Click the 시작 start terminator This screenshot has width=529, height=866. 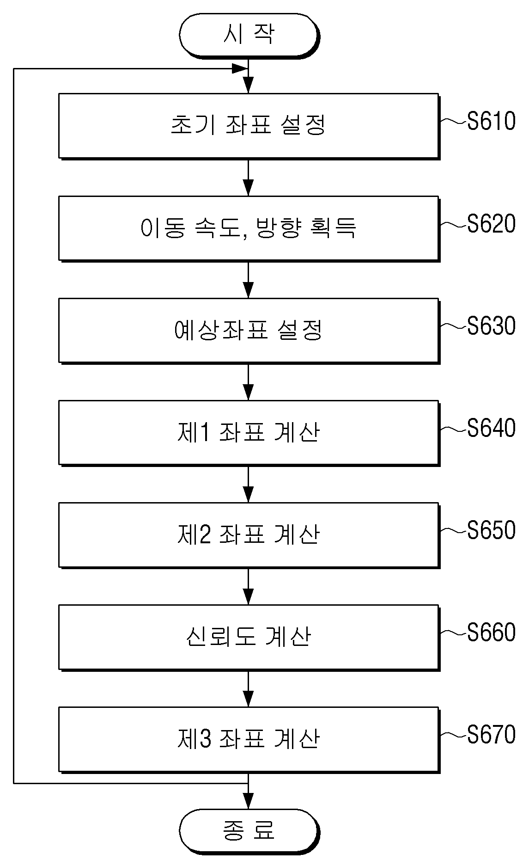click(249, 35)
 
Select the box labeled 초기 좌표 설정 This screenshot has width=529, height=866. click(249, 126)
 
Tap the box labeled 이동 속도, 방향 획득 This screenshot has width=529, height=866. click(249, 228)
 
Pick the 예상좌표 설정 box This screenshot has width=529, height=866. click(249, 331)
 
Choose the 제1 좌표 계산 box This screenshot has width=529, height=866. click(249, 433)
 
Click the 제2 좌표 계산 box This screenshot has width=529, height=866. click(249, 535)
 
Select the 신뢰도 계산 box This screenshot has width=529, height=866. click(249, 637)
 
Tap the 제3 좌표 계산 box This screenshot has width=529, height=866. click(249, 739)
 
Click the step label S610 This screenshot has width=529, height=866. click(491, 122)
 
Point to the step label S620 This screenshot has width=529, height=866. click(491, 224)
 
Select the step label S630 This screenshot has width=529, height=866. click(491, 326)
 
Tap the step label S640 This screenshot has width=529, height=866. click(491, 428)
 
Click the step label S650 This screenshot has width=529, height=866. click(491, 530)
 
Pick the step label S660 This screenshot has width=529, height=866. click(491, 633)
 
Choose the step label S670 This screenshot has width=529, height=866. click(491, 735)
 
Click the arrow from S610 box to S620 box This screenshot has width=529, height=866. click(249, 178)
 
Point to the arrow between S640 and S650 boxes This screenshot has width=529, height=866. click(249, 484)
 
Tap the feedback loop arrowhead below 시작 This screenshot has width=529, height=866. click(239, 69)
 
